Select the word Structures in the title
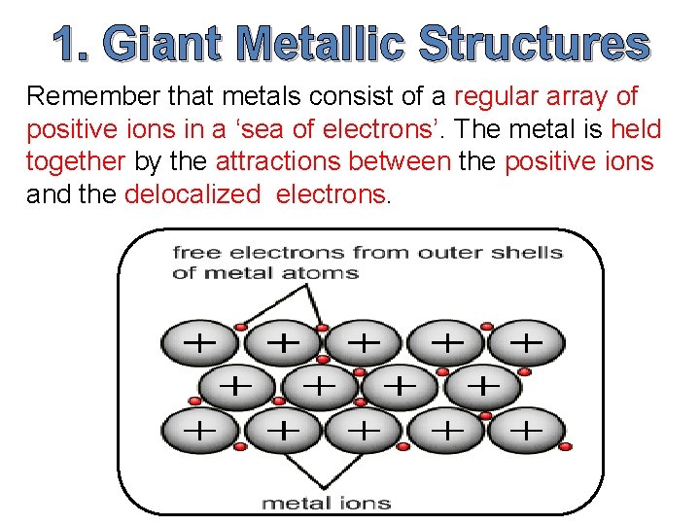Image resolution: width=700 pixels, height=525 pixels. tap(533, 44)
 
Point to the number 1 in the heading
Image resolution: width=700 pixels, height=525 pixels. tap(73, 44)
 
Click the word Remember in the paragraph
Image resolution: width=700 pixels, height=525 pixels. tap(93, 96)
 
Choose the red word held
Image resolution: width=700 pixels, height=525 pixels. tap(637, 128)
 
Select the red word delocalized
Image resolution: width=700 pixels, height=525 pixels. tap(192, 192)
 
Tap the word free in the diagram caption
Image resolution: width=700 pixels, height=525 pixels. tap(193, 253)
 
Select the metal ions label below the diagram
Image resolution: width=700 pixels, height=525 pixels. tap(327, 503)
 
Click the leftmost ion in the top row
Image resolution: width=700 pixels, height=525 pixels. tap(199, 343)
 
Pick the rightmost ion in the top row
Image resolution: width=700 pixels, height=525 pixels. tap(526, 343)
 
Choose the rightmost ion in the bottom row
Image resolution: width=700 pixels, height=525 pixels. tap(526, 429)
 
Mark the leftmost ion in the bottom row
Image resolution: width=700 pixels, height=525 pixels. tap(199, 429)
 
